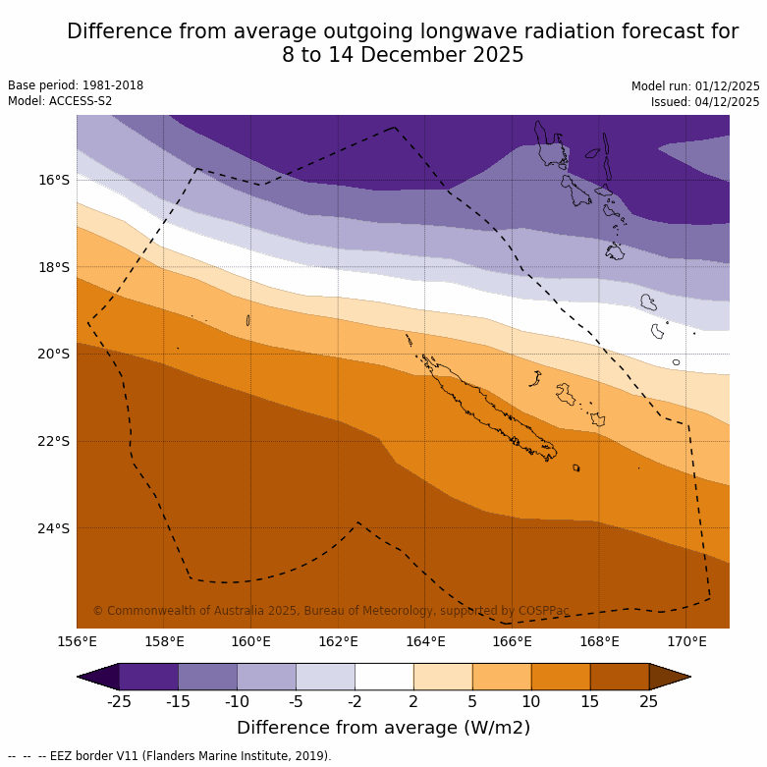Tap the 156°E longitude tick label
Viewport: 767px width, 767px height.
tap(77, 642)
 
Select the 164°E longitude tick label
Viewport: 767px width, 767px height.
tap(425, 642)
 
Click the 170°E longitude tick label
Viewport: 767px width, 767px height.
tap(686, 642)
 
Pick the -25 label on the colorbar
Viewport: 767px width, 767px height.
tap(119, 701)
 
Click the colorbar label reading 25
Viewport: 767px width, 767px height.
tap(649, 701)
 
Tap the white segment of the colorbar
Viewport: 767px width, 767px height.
tap(384, 677)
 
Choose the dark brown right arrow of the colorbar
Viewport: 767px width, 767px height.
tap(670, 677)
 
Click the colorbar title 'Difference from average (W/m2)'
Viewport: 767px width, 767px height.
tap(383, 728)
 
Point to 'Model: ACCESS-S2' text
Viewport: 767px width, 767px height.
tap(60, 101)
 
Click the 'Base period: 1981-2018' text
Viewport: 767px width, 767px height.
tap(76, 85)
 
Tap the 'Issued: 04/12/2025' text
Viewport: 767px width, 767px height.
tap(705, 102)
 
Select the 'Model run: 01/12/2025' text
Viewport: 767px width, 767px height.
tap(695, 86)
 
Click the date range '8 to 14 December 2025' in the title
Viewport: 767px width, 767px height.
tap(403, 55)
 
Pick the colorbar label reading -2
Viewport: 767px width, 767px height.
tap(355, 701)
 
